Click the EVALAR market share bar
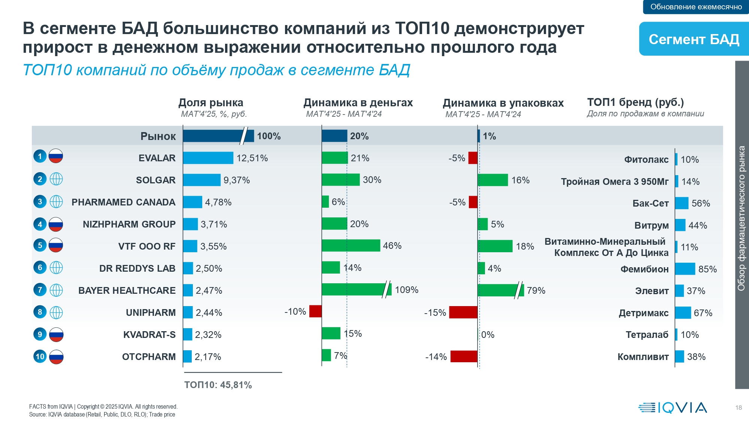coord(208,158)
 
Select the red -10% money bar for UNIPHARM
coord(315,311)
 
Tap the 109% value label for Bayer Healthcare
coord(406,290)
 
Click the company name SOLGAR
coord(155,180)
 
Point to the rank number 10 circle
coord(40,357)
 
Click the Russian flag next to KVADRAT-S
coord(56,335)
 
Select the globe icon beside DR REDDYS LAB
coord(56,268)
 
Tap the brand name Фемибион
coord(644,269)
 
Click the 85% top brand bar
coord(685,269)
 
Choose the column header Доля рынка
coord(211,103)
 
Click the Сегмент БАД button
coord(694,39)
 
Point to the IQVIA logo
coord(673,408)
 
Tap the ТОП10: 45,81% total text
coord(218,385)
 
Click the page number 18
coord(739,408)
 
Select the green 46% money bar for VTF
coord(351,245)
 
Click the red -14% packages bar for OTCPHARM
coord(464,357)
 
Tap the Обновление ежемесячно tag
coord(696,7)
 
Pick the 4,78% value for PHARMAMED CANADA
coord(218,202)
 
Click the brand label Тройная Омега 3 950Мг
coord(615,181)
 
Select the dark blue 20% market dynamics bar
coord(334,136)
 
